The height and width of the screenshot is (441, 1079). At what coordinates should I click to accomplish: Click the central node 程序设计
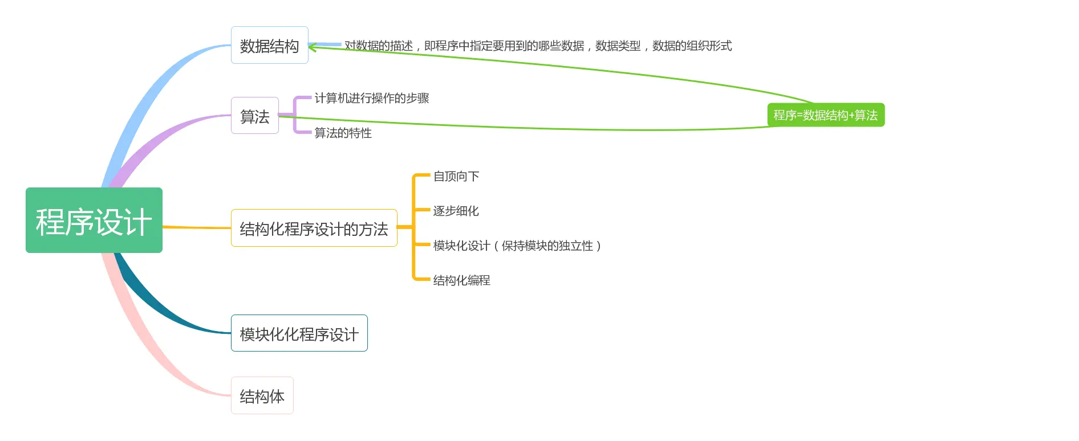94,220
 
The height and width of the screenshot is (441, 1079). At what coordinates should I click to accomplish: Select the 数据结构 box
269,46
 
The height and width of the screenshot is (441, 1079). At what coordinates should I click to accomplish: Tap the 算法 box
255,116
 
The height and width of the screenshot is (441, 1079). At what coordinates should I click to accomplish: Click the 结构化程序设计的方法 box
314,228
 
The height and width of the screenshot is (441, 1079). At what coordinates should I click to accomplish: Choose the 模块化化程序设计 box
299,333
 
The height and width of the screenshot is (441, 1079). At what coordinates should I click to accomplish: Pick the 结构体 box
262,395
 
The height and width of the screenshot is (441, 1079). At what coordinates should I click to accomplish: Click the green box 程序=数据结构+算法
825,115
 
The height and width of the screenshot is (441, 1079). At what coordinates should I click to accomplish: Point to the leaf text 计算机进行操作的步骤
371,98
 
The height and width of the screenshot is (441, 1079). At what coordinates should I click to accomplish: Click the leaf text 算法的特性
343,133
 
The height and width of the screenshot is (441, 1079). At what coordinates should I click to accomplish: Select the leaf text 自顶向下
456,176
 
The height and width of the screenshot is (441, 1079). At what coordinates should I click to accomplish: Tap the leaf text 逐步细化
456,211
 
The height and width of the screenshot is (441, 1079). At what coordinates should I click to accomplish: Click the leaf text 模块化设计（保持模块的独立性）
517,246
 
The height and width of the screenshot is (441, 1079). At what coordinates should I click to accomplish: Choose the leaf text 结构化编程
461,280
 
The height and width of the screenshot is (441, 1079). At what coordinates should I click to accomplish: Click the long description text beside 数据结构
538,46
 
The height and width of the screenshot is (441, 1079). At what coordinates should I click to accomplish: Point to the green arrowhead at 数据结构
312,47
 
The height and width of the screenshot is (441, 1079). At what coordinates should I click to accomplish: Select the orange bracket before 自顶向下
414,194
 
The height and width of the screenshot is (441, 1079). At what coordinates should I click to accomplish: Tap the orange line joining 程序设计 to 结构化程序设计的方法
197,227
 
